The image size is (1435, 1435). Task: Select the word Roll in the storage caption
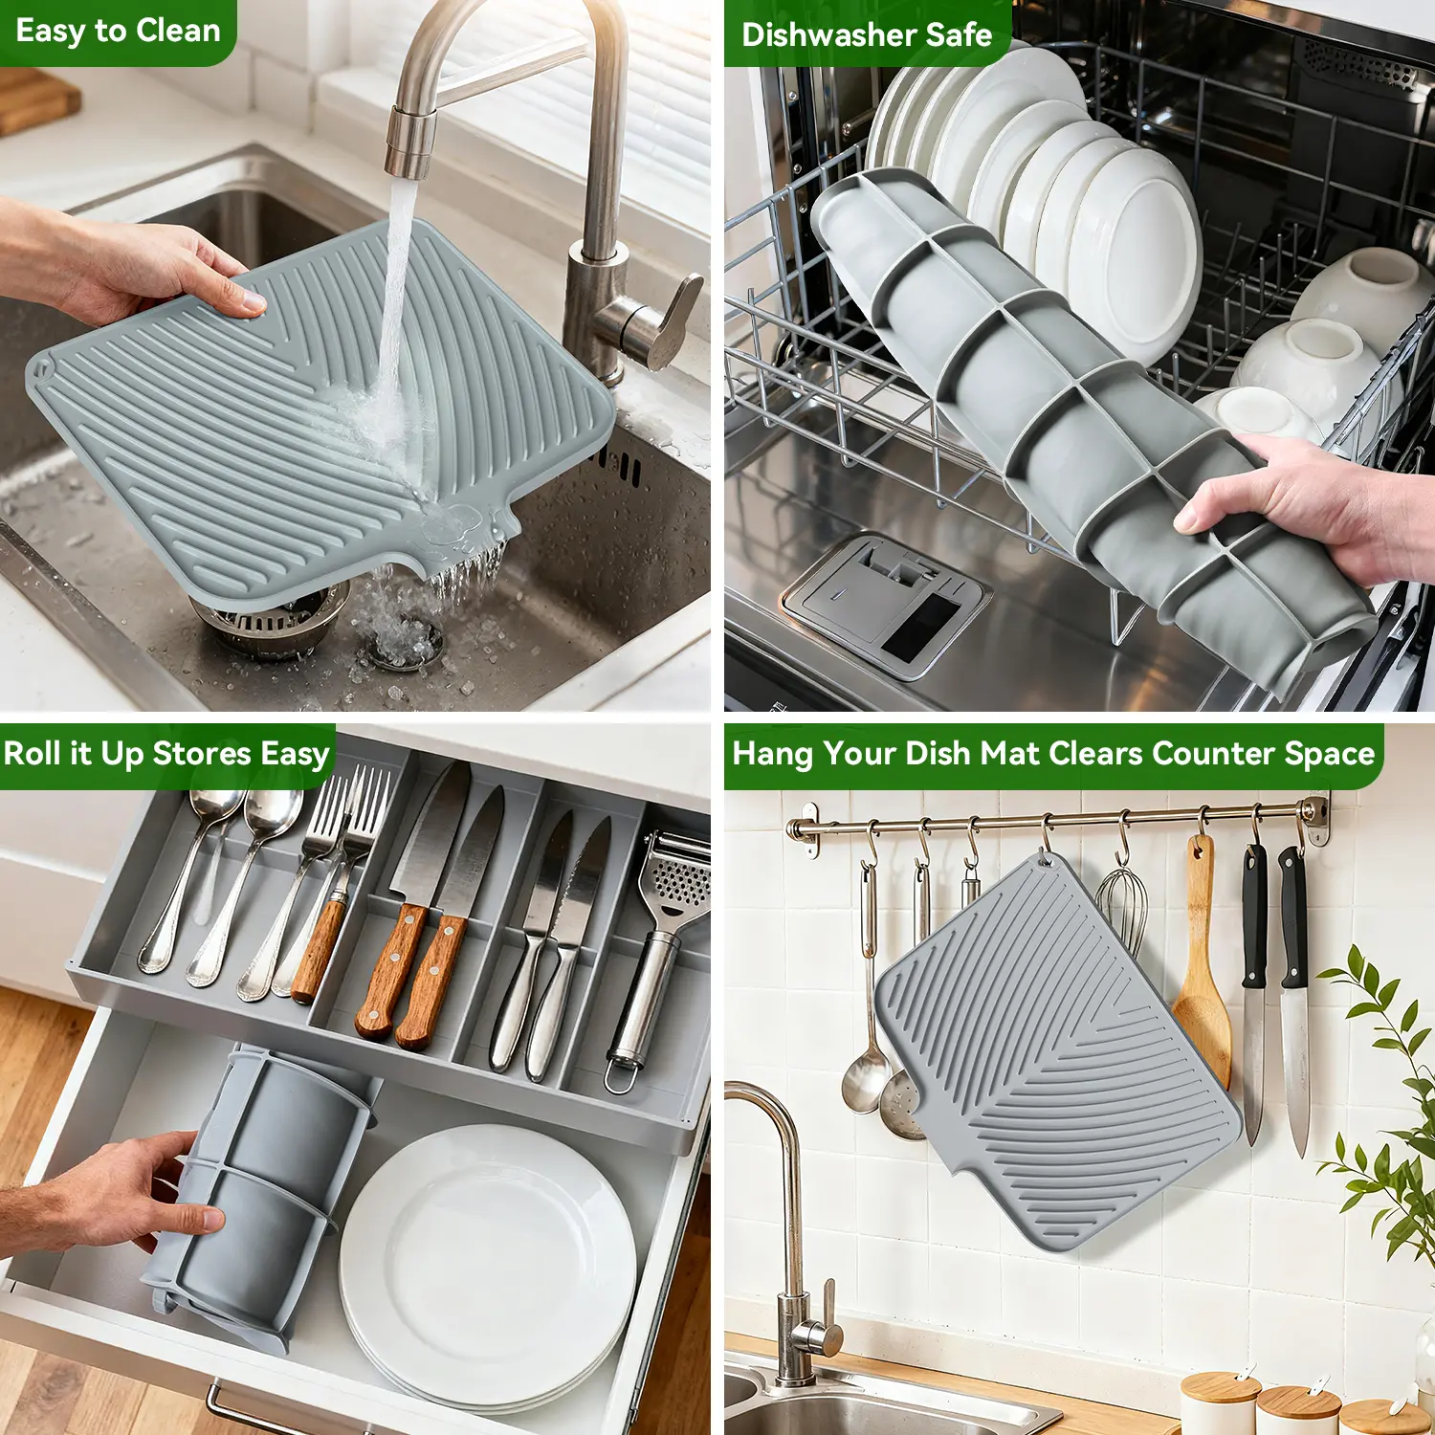click(32, 753)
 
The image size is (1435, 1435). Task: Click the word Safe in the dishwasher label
click(959, 35)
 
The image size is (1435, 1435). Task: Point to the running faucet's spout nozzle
click(410, 143)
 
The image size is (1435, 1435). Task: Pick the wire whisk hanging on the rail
click(1121, 909)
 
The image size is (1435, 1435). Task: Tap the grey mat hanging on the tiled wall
click(1057, 1052)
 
